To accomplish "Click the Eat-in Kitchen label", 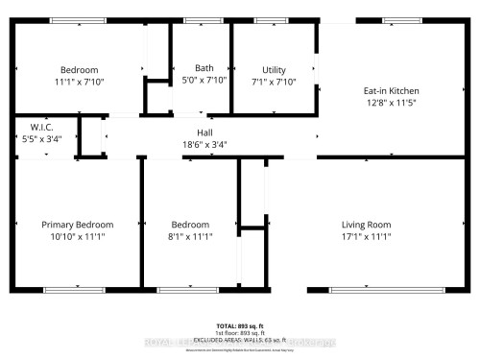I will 391,91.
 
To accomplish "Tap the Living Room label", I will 366,225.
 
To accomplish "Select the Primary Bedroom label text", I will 78,225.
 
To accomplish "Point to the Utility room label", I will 275,69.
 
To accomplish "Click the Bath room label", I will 204,68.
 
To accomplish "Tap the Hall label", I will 204,132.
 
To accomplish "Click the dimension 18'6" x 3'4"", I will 204,144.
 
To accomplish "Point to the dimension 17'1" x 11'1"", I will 366,236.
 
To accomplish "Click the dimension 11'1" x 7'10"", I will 80,82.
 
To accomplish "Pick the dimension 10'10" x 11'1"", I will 78,236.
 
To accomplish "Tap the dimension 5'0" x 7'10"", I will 204,81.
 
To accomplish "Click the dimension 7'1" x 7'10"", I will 275,82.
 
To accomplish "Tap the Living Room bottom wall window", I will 373,289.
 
